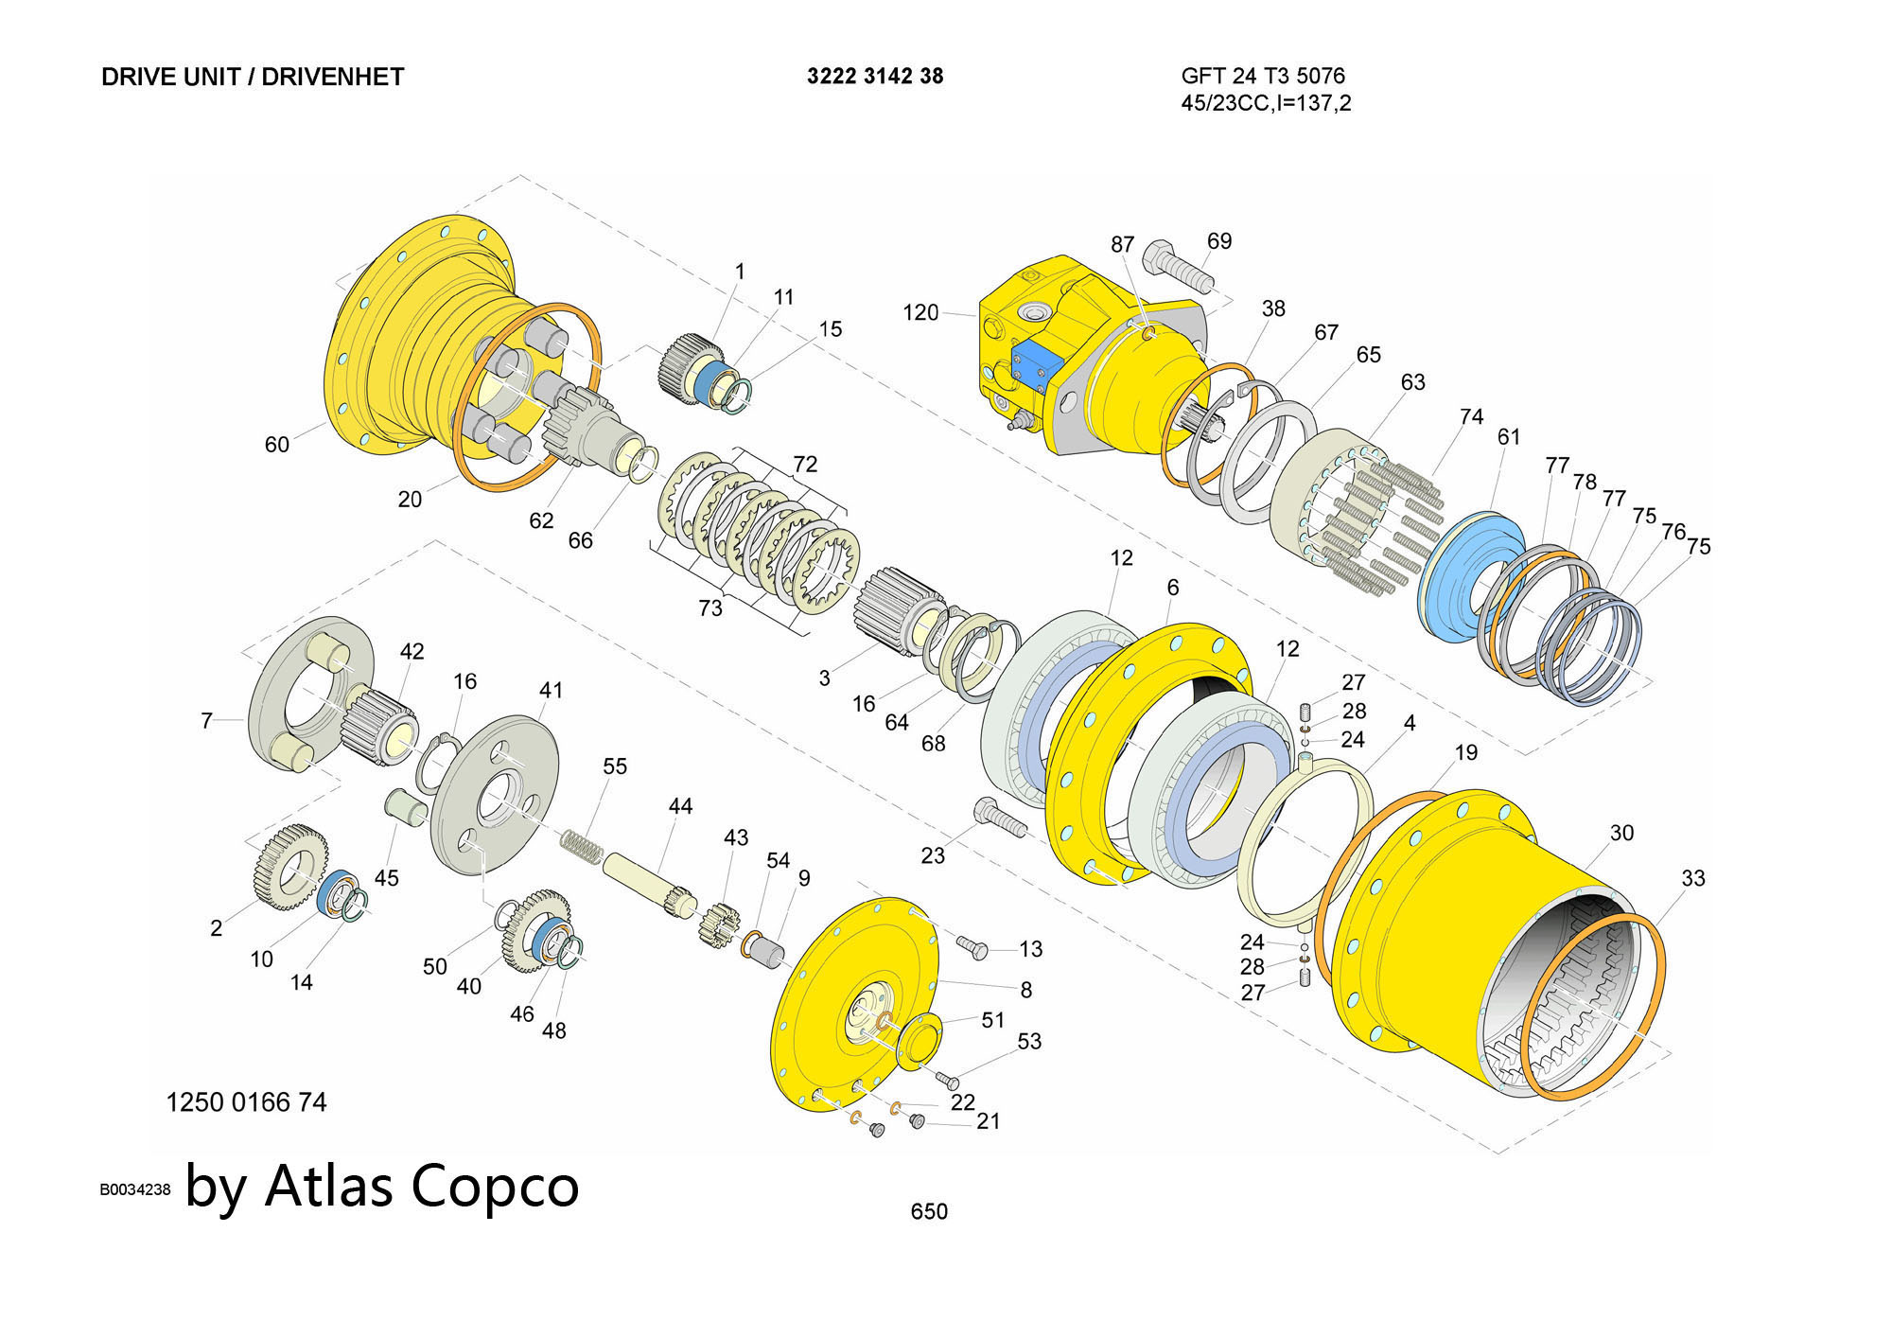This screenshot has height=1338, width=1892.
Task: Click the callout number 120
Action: [x=920, y=312]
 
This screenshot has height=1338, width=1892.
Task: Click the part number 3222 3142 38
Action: [x=874, y=77]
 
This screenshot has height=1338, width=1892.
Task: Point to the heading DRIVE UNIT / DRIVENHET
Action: [x=253, y=77]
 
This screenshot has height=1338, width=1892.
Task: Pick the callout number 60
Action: [x=276, y=444]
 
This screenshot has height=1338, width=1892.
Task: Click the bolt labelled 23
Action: [x=999, y=819]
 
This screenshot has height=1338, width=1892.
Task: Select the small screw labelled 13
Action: [x=972, y=946]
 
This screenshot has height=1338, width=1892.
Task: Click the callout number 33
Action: [x=1692, y=878]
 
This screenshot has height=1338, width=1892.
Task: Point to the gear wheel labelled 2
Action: [x=289, y=867]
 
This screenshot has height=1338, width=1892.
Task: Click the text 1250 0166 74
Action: [x=246, y=1102]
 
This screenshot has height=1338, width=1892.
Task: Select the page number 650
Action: [x=928, y=1211]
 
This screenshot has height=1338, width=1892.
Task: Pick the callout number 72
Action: [x=804, y=464]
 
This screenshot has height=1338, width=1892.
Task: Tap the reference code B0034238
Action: [x=135, y=1189]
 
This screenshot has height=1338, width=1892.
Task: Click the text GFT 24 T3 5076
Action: [x=1262, y=76]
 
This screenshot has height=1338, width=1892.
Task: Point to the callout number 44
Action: [x=680, y=806]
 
